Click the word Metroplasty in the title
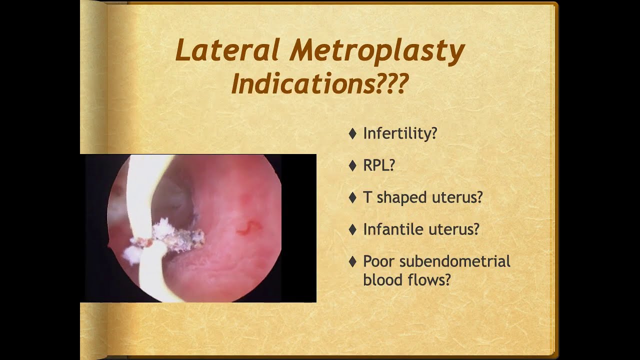(377, 51)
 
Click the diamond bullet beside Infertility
(352, 133)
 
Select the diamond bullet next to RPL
(352, 165)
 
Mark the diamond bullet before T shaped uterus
(352, 197)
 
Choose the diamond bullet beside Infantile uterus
(352, 229)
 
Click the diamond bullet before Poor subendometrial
(352, 261)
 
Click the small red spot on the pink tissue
(248, 229)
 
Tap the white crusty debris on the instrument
(170, 235)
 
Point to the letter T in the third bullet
(367, 197)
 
